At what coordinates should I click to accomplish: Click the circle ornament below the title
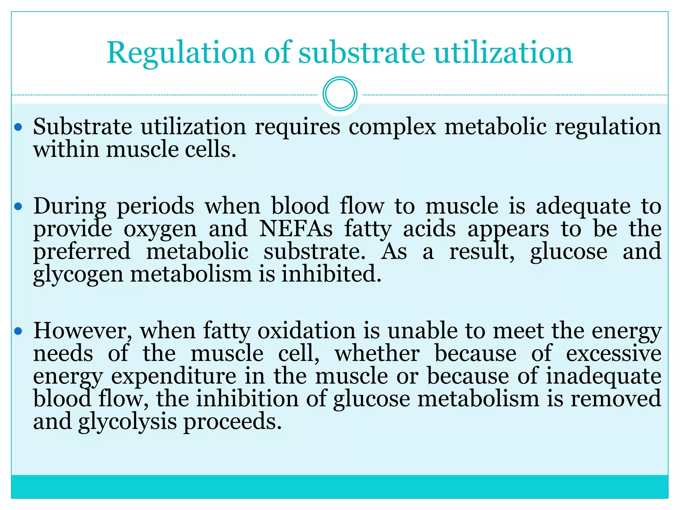click(x=340, y=94)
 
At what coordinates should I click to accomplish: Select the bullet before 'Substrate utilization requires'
click(x=19, y=127)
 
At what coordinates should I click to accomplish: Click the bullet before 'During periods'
click(x=19, y=207)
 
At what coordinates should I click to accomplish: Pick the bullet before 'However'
click(x=19, y=331)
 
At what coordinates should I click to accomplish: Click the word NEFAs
click(x=296, y=229)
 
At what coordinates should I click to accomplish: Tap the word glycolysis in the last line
click(x=127, y=422)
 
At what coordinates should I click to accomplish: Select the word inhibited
click(x=331, y=274)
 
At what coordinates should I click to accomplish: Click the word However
click(x=83, y=331)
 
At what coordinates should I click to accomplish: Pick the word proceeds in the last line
click(x=232, y=422)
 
